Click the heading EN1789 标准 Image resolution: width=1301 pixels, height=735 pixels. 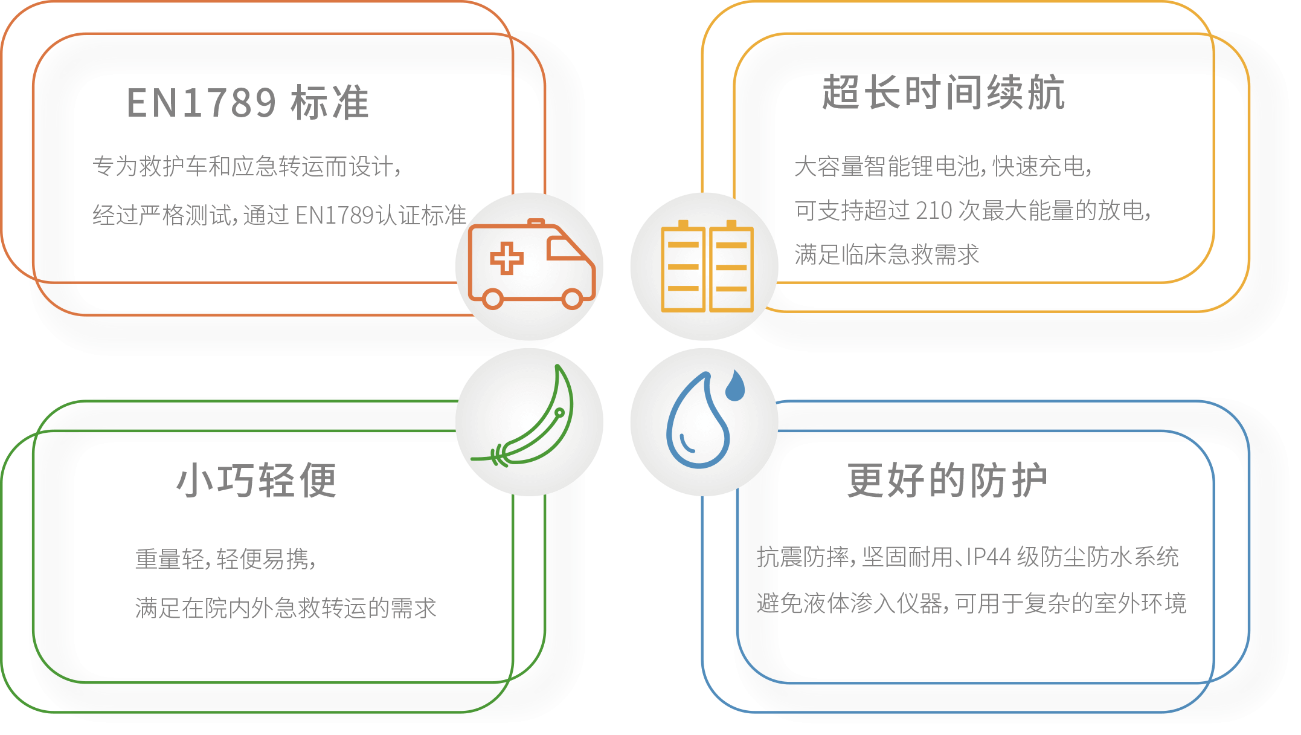coord(248,102)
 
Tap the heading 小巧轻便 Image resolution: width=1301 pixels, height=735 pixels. coord(257,481)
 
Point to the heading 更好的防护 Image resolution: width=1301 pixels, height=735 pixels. coord(946,481)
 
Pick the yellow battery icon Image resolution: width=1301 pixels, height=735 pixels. coord(707,267)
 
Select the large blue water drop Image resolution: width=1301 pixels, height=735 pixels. coord(697,426)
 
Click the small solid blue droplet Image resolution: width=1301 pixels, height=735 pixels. coord(735,386)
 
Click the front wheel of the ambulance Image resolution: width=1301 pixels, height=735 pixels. coord(571,298)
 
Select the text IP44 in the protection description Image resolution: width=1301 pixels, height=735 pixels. coord(988,557)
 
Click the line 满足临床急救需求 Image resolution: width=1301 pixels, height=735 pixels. coord(886,254)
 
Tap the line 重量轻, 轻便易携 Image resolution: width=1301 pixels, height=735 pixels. coord(225,559)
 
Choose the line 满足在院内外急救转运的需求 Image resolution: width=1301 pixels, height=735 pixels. coord(285,608)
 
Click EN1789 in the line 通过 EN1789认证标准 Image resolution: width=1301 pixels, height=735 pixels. coord(334,215)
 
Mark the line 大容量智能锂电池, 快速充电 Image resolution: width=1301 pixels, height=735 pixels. coord(942,166)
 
